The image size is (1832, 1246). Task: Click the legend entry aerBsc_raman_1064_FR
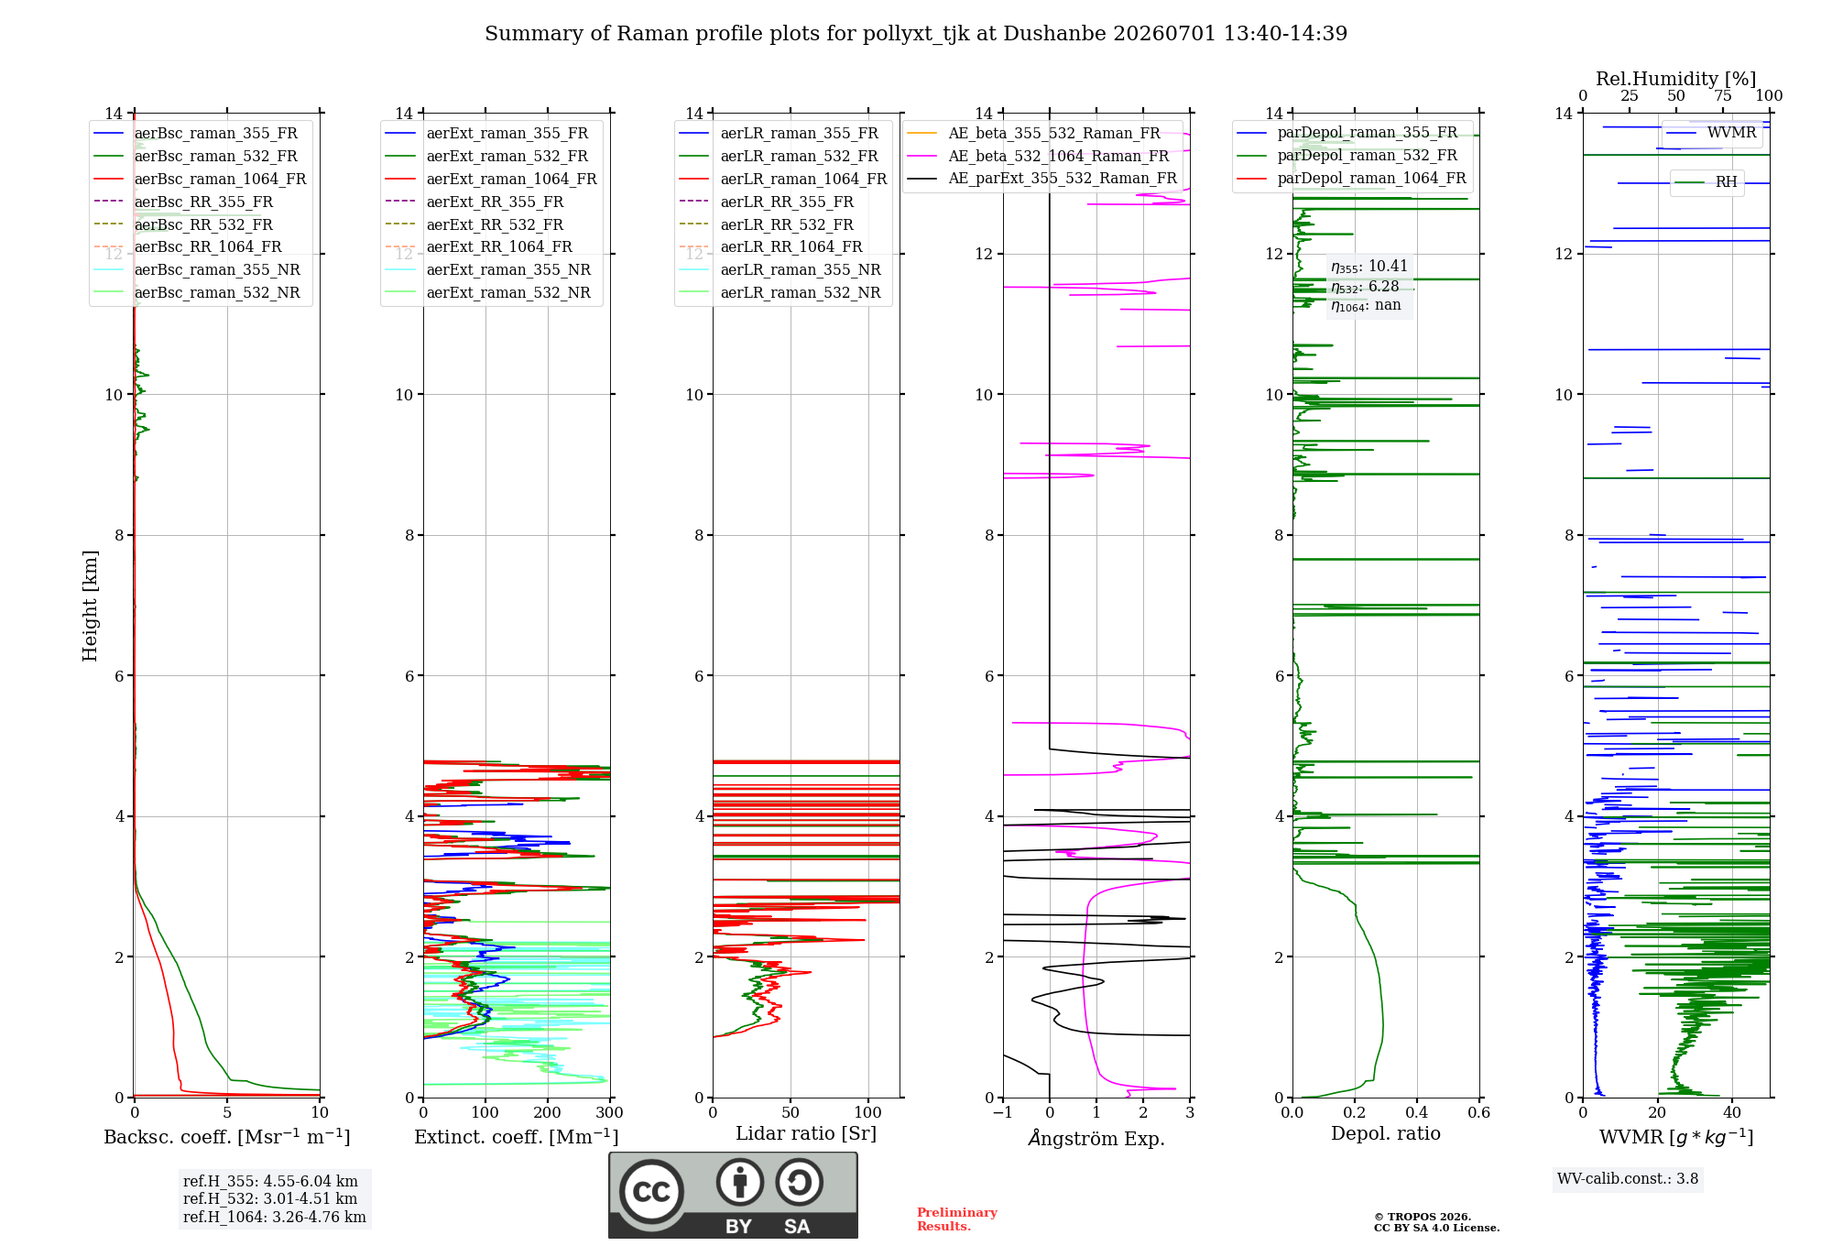click(x=201, y=179)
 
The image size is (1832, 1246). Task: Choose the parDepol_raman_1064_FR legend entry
click(x=1351, y=178)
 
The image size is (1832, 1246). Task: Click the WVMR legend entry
click(x=1712, y=133)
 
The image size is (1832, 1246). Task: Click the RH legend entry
click(x=1707, y=182)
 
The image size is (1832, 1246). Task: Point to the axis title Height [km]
click(x=90, y=606)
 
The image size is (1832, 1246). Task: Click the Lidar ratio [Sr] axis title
click(x=806, y=1133)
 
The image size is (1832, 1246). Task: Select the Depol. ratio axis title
click(x=1386, y=1133)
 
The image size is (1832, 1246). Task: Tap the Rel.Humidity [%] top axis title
click(x=1676, y=79)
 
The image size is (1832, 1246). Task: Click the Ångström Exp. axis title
click(x=1096, y=1138)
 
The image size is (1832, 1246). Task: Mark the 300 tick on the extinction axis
click(x=610, y=1112)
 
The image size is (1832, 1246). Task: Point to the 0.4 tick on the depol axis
click(x=1417, y=1112)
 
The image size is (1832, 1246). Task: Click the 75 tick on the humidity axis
click(x=1723, y=95)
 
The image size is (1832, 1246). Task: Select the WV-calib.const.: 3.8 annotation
click(x=1628, y=1178)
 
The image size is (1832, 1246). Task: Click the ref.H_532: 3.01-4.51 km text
click(x=270, y=1198)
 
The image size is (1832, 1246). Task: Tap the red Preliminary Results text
click(x=957, y=1219)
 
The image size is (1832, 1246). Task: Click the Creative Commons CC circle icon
click(x=651, y=1191)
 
